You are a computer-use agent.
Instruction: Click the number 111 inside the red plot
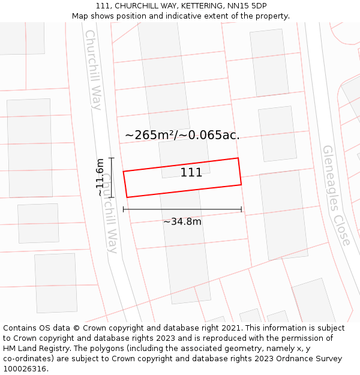click(191, 173)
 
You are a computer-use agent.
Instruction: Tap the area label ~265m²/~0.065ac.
click(182, 135)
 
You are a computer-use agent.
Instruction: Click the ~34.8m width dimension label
click(182, 221)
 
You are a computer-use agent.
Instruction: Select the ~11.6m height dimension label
click(100, 177)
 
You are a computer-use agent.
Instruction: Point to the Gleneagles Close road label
click(336, 195)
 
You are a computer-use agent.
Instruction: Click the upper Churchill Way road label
click(94, 70)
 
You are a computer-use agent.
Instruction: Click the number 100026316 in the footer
click(25, 369)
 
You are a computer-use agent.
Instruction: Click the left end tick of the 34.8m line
click(124, 209)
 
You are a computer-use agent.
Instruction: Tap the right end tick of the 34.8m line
click(241, 209)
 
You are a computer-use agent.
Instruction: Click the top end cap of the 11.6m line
click(111, 158)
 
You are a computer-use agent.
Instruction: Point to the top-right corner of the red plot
click(238, 158)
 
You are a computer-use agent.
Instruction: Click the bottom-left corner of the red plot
click(127, 197)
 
